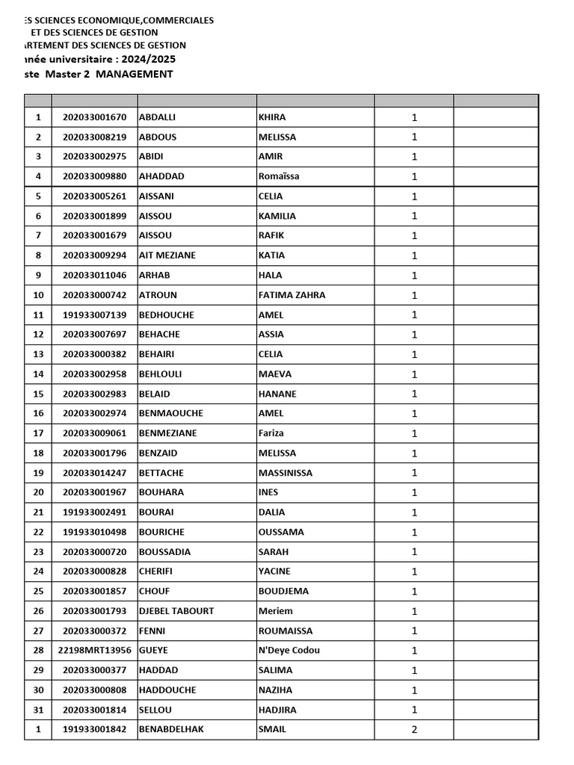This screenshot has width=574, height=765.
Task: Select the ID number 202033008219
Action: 95,137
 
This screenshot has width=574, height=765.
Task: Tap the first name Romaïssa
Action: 280,176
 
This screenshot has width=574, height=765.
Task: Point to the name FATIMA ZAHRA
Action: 291,295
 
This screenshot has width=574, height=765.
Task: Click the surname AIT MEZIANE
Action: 167,255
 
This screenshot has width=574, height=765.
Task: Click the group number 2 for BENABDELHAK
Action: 414,730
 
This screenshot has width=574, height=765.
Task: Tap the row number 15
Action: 38,394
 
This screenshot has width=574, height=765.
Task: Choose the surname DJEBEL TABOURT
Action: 176,611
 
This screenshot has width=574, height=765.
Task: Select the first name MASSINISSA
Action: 286,473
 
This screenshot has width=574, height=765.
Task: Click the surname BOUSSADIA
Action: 165,552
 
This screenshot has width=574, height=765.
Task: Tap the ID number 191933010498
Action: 95,532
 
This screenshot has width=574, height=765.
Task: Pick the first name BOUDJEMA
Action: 283,591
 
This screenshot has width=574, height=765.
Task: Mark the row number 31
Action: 38,710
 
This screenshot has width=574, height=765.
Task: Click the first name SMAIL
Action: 272,729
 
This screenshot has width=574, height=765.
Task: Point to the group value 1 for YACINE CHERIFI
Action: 414,572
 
